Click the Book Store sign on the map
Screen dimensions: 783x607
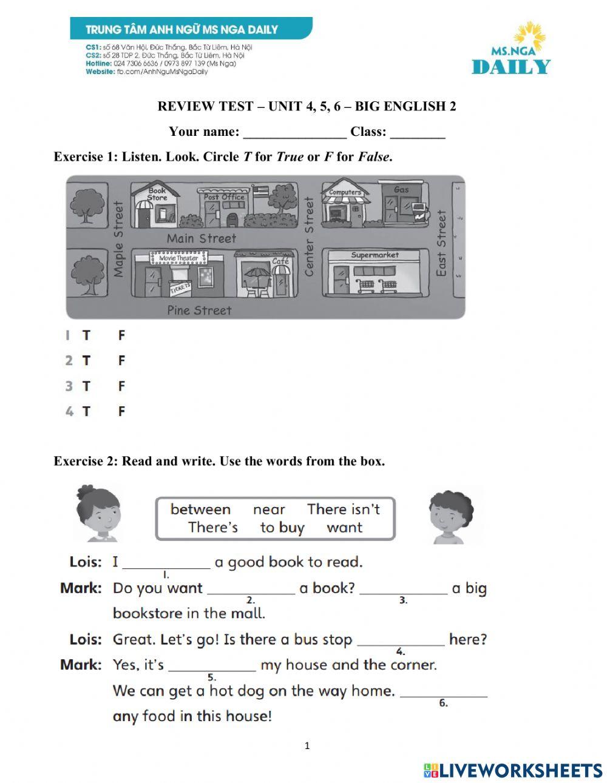pyautogui.click(x=157, y=193)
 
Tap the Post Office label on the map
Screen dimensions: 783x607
pyautogui.click(x=224, y=197)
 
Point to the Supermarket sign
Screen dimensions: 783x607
pyautogui.click(x=375, y=255)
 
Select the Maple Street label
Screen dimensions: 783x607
pyautogui.click(x=118, y=240)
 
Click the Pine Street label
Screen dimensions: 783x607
pyautogui.click(x=199, y=311)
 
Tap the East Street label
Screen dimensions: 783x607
pyautogui.click(x=442, y=243)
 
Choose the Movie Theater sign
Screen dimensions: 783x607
pyautogui.click(x=178, y=258)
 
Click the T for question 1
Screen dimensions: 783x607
pyautogui.click(x=86, y=335)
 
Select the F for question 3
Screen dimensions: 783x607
pyautogui.click(x=121, y=386)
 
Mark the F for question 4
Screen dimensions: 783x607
pyautogui.click(x=121, y=412)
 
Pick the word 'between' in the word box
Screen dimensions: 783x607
pyautogui.click(x=200, y=509)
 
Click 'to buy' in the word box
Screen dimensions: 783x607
pyautogui.click(x=282, y=528)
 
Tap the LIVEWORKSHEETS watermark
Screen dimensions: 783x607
pyautogui.click(x=513, y=770)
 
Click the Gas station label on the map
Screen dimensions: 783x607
pyautogui.click(x=401, y=190)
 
